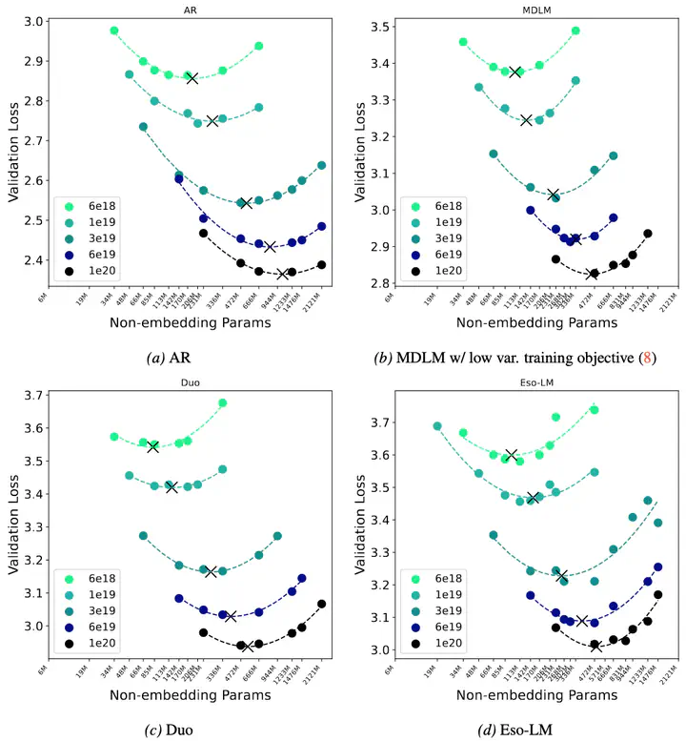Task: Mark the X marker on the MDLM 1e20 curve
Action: coord(594,274)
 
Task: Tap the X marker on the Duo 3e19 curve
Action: coord(211,571)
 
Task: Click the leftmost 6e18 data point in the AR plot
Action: coord(113,31)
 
